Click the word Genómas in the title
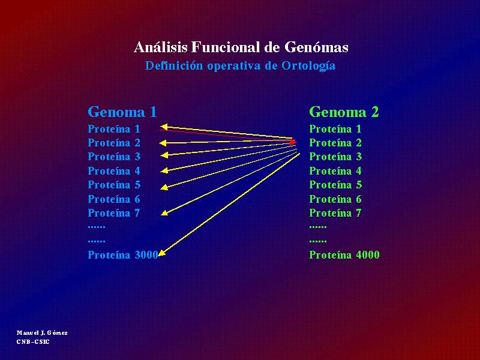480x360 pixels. (x=316, y=47)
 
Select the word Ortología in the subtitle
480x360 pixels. (x=308, y=66)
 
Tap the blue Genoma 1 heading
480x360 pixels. (x=122, y=112)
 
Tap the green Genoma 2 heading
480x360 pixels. (x=344, y=112)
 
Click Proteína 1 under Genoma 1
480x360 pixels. (x=114, y=129)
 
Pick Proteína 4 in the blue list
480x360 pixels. (x=114, y=171)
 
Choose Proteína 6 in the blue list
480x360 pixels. (x=114, y=199)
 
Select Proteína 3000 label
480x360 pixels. (x=123, y=254)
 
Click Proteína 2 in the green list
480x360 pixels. (x=335, y=143)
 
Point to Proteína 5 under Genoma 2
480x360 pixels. (x=335, y=185)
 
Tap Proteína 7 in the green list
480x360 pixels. (x=335, y=213)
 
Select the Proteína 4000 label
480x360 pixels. (x=344, y=254)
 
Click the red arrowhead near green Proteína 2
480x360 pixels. (x=293, y=142)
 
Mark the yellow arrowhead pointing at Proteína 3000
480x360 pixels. (x=162, y=253)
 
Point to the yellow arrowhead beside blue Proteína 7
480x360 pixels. (x=164, y=213)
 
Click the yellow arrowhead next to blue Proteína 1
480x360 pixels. (x=164, y=127)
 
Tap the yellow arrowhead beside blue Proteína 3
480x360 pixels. (x=164, y=155)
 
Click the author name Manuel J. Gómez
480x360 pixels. (x=42, y=333)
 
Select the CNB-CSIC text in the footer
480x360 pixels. (x=33, y=341)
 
